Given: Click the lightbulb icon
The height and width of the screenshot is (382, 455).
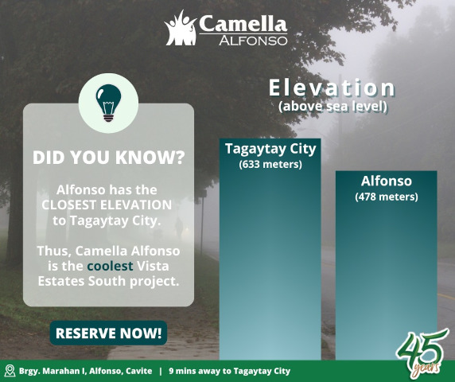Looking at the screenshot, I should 109,103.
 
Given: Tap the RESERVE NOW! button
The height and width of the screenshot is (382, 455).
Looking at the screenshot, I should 109,332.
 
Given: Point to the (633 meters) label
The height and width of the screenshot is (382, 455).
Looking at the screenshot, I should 270,165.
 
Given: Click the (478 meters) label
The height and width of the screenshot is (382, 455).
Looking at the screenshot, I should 386,197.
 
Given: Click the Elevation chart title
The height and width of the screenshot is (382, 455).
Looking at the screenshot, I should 332,88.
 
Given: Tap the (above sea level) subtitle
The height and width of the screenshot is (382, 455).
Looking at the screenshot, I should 332,106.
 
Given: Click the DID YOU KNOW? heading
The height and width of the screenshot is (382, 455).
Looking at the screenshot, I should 108,158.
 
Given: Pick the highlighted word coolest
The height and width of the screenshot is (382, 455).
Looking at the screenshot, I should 110,266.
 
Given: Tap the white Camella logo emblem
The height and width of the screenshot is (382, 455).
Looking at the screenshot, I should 180,29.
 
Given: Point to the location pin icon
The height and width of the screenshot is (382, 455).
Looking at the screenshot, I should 10,371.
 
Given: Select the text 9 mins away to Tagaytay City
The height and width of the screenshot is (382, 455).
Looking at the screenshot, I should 229,371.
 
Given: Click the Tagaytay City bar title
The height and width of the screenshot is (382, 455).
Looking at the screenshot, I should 270,149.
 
